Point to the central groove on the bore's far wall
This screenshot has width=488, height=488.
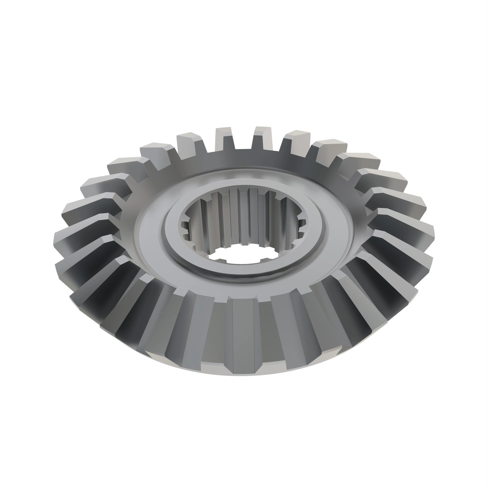[x=244, y=217]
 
